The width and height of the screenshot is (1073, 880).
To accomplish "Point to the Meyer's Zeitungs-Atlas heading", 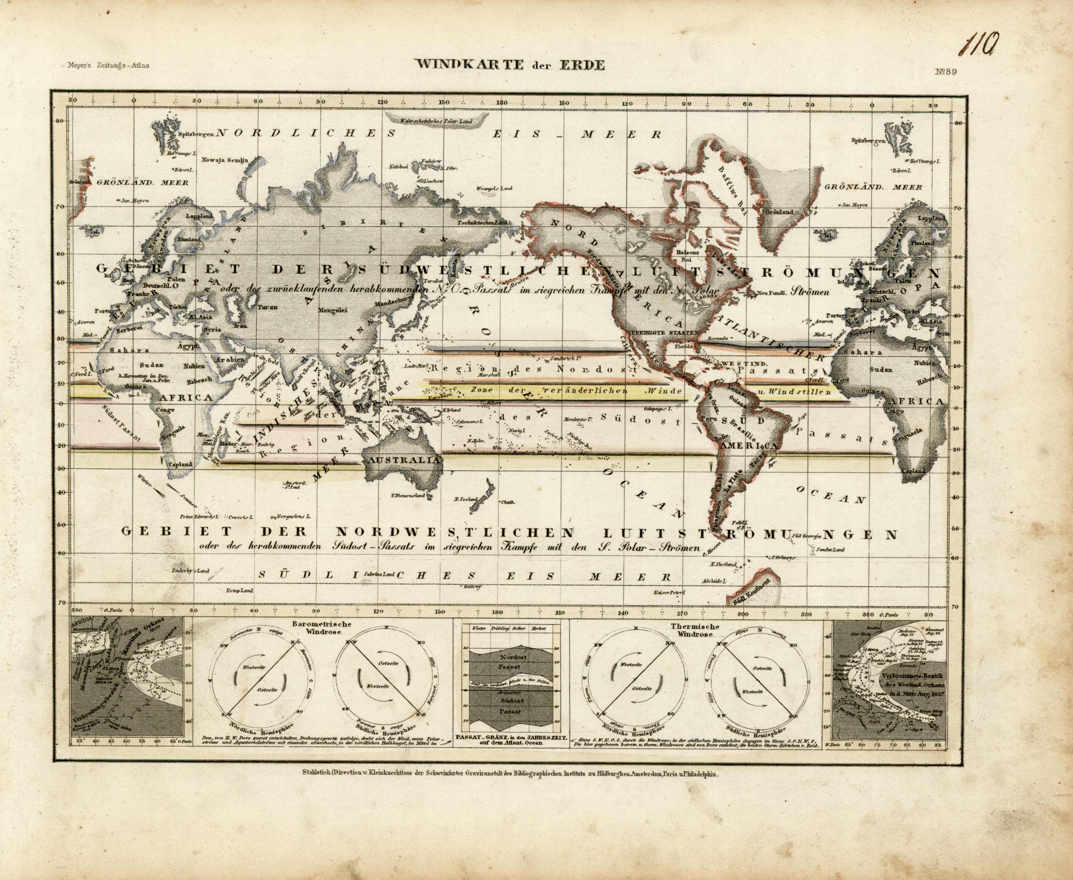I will [107, 65].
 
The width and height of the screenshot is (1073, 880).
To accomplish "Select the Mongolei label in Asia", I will [332, 310].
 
